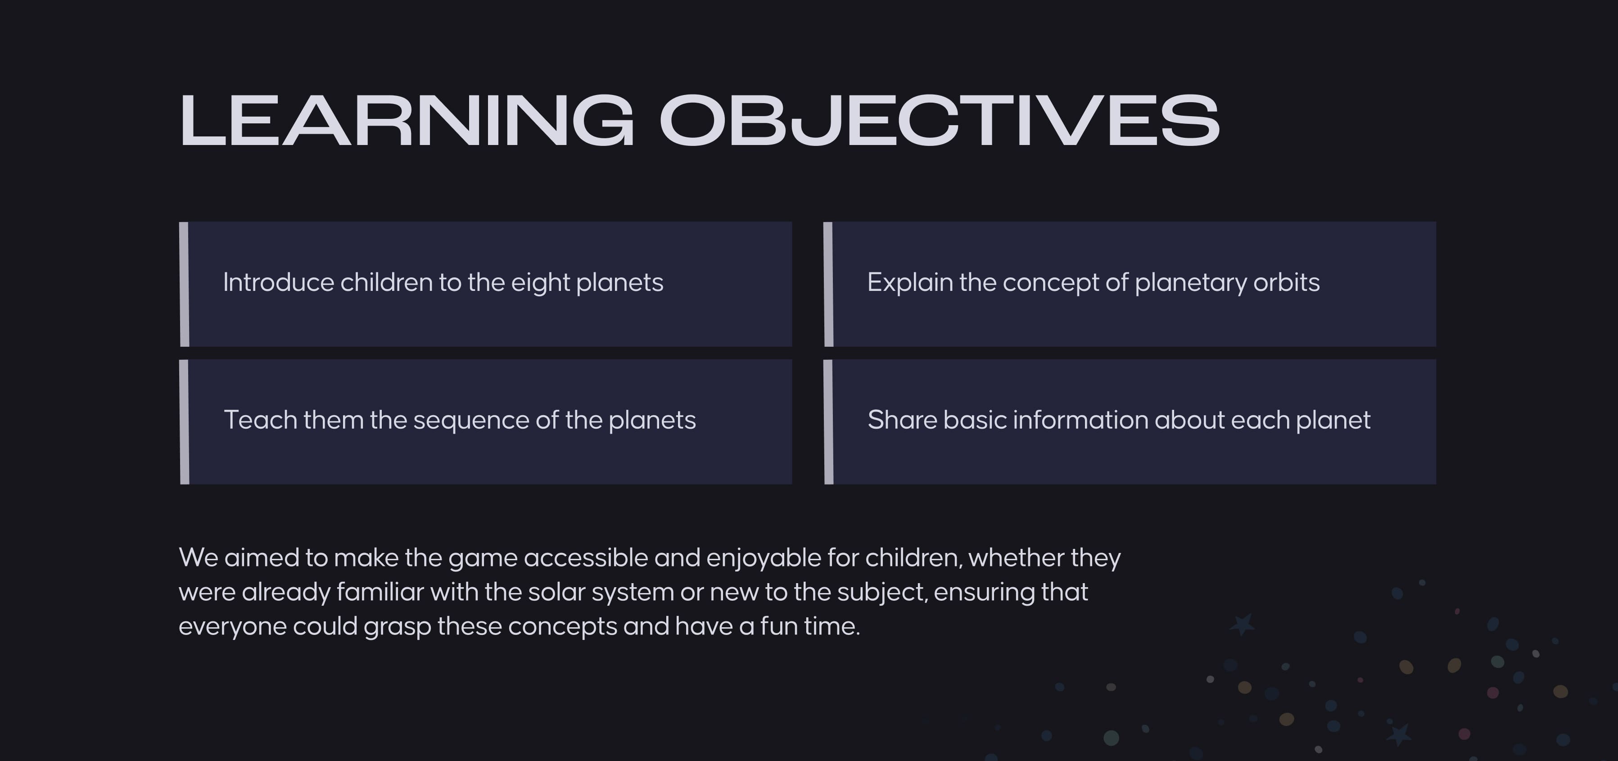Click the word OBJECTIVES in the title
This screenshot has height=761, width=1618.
pos(940,120)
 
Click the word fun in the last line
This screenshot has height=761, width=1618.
pos(778,626)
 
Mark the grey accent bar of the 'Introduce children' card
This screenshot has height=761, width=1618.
pos(184,284)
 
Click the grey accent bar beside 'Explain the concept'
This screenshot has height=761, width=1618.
pos(828,284)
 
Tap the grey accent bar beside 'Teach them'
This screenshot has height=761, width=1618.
pos(184,421)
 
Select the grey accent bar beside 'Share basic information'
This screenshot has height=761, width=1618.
pos(828,421)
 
